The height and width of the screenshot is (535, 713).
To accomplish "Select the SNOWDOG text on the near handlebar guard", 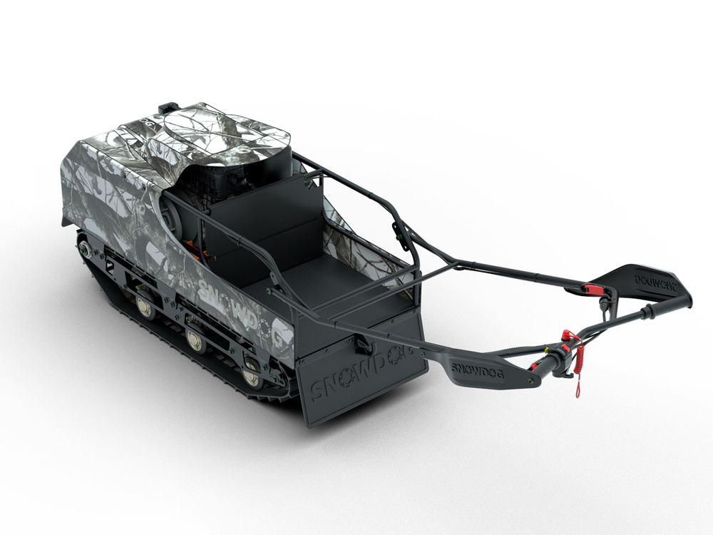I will pyautogui.click(x=473, y=369).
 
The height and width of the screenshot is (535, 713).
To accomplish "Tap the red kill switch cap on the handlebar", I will pyautogui.click(x=568, y=335).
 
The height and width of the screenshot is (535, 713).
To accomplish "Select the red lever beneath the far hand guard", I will pyautogui.click(x=591, y=289).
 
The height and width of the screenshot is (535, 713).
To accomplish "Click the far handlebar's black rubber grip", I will pyautogui.click(x=666, y=306).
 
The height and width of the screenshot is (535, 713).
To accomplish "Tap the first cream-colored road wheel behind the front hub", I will pyautogui.click(x=145, y=305).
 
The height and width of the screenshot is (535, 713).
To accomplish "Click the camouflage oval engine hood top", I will pyautogui.click(x=220, y=132).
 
